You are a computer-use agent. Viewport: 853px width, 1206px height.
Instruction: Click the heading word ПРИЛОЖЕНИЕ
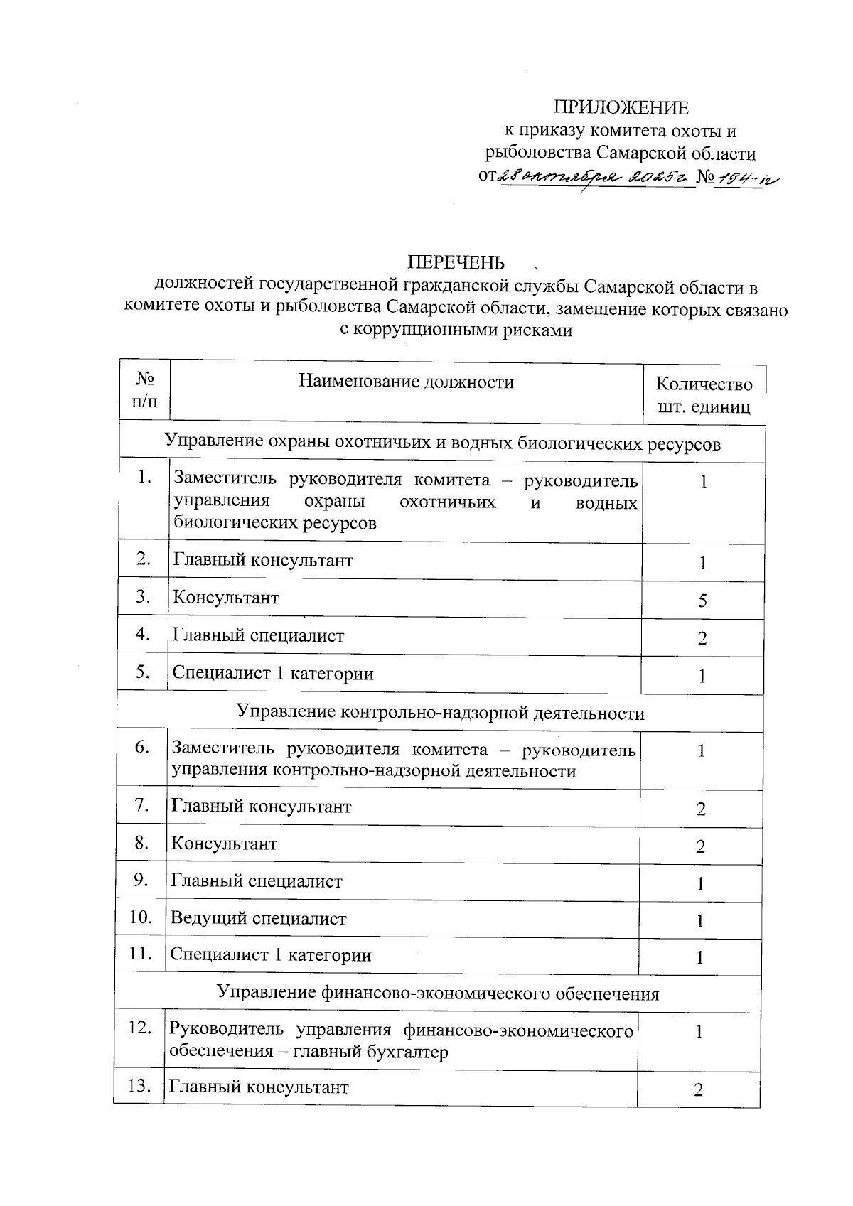point(621,107)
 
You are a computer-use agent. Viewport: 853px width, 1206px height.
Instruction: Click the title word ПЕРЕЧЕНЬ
point(456,262)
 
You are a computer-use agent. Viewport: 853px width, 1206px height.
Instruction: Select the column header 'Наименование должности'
point(406,382)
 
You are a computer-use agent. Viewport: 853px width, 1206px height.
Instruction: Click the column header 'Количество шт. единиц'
point(703,396)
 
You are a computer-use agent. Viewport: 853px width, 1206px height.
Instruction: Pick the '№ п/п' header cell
point(145,391)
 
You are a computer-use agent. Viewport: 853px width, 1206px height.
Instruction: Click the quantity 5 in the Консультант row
point(702,601)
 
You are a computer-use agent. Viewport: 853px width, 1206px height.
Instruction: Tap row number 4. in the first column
point(144,633)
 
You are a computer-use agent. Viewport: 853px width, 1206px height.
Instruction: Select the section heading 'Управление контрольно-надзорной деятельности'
point(440,713)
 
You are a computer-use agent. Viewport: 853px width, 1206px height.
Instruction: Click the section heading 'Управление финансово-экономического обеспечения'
point(437,993)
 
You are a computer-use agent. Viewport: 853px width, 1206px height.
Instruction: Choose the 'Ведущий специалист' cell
point(259,918)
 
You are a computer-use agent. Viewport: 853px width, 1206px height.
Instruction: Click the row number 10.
point(141,917)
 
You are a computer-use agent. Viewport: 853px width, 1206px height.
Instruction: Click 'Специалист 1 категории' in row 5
point(273,673)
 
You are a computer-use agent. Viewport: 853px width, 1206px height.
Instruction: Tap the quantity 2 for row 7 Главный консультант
point(701,809)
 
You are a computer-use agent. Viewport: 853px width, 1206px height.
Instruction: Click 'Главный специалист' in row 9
point(257,881)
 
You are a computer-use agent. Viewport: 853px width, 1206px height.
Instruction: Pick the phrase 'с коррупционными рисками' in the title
point(456,330)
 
